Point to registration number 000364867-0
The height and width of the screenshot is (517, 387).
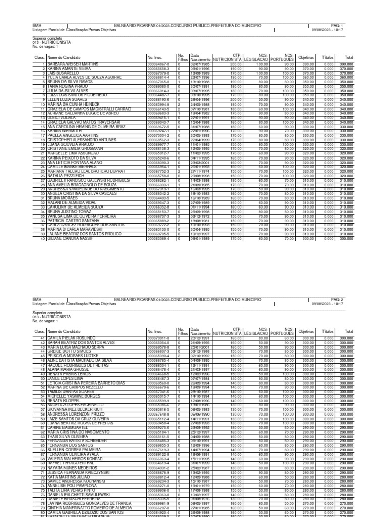tap(158, 64)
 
